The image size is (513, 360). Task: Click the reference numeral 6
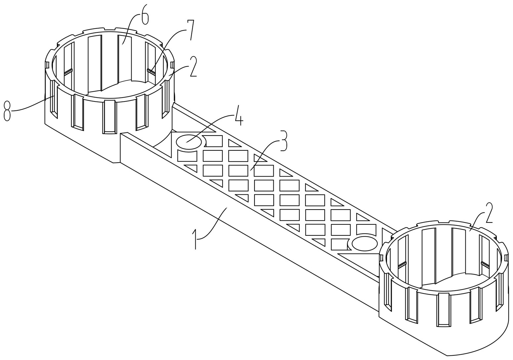pyautogui.click(x=145, y=15)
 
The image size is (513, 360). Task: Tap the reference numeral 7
pyautogui.click(x=191, y=30)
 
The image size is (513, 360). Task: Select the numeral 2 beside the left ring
pyautogui.click(x=193, y=66)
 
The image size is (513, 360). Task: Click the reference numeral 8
pyautogui.click(x=7, y=111)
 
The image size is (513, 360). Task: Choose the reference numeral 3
pyautogui.click(x=284, y=140)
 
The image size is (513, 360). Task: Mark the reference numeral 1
pyautogui.click(x=195, y=239)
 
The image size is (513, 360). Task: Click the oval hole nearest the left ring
pyautogui.click(x=189, y=142)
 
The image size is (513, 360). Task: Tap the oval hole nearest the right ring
pyautogui.click(x=365, y=244)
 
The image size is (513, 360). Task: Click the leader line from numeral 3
pyautogui.click(x=264, y=154)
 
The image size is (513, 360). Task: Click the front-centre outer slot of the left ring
pyautogui.click(x=110, y=116)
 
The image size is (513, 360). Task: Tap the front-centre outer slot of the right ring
pyautogui.click(x=444, y=309)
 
